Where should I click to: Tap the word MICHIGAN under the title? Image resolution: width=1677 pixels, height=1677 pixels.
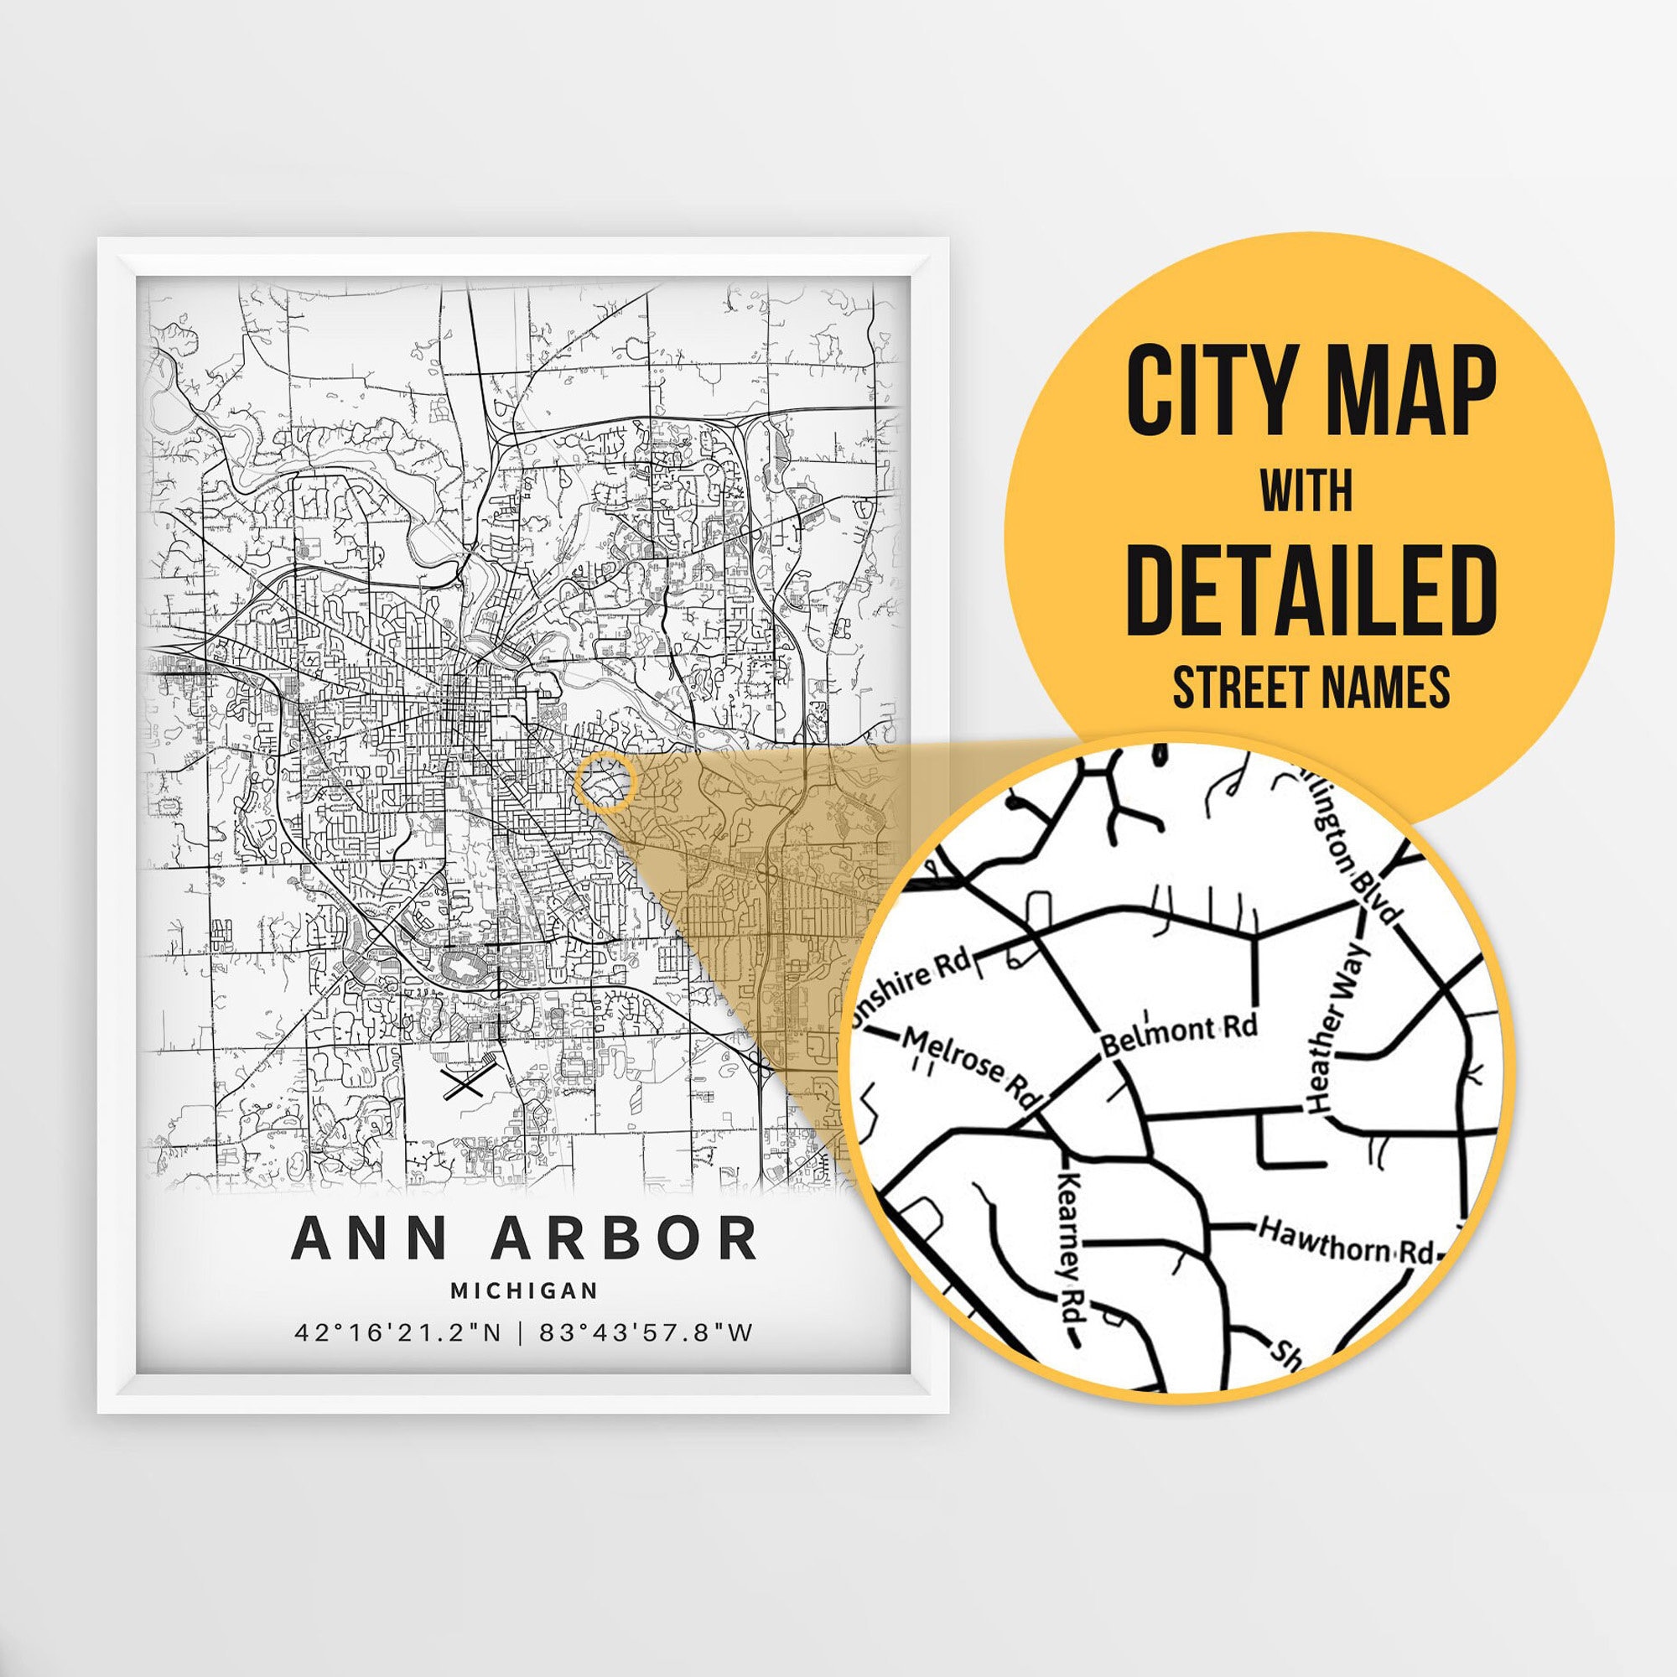pyautogui.click(x=524, y=1290)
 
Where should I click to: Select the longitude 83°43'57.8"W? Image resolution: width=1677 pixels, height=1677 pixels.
pyautogui.click(x=646, y=1332)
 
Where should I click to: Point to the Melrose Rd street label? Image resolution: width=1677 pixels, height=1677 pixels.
pyautogui.click(x=969, y=1065)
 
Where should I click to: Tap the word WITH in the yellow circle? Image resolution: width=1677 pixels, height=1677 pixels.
pyautogui.click(x=1306, y=491)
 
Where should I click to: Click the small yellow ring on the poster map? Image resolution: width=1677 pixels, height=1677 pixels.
pyautogui.click(x=606, y=782)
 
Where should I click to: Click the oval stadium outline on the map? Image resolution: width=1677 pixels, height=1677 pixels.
pyautogui.click(x=465, y=965)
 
